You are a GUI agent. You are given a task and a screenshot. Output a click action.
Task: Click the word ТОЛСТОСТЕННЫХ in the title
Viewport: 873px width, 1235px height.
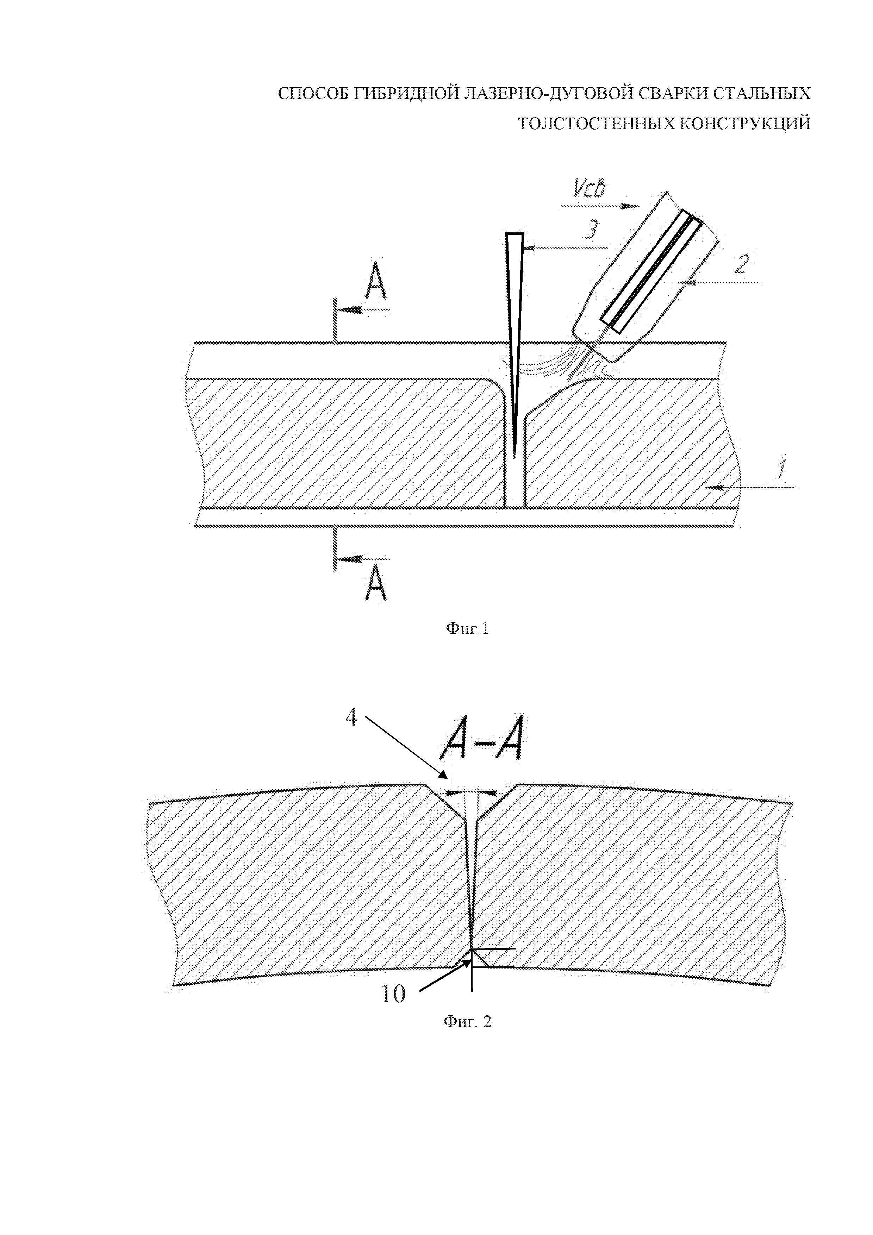pyautogui.click(x=596, y=124)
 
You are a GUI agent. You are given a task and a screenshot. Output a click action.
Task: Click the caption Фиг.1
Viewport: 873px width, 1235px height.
pyautogui.click(x=466, y=628)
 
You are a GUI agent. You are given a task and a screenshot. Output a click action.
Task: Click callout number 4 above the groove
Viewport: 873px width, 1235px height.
pyautogui.click(x=351, y=717)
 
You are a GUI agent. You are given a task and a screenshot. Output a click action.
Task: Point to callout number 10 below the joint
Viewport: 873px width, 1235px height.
pyautogui.click(x=393, y=995)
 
